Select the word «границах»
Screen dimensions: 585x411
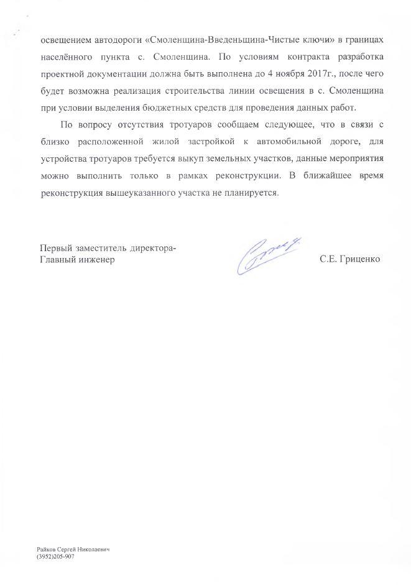pos(363,40)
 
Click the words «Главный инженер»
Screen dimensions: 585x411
pos(78,260)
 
